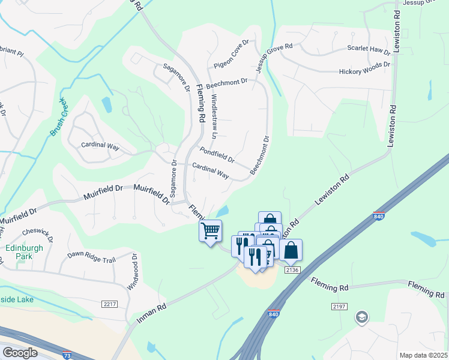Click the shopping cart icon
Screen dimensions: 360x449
[x=211, y=231]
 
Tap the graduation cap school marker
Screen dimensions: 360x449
[x=361, y=317]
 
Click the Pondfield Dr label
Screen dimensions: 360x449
[x=217, y=155]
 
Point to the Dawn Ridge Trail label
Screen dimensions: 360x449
[x=90, y=255]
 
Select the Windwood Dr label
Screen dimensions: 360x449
[x=134, y=270]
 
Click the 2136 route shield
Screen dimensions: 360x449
[x=292, y=270]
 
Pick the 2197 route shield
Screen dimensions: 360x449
[x=339, y=307]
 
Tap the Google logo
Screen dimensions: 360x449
[x=20, y=353]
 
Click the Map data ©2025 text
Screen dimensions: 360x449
[x=423, y=355]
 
